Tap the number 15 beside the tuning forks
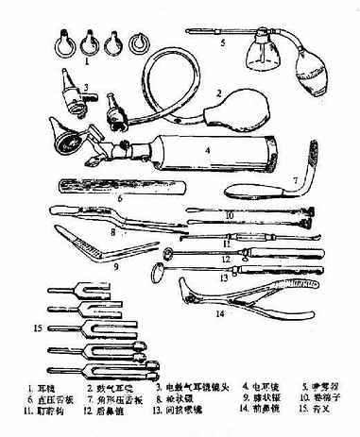(38, 328)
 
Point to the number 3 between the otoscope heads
(86, 92)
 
